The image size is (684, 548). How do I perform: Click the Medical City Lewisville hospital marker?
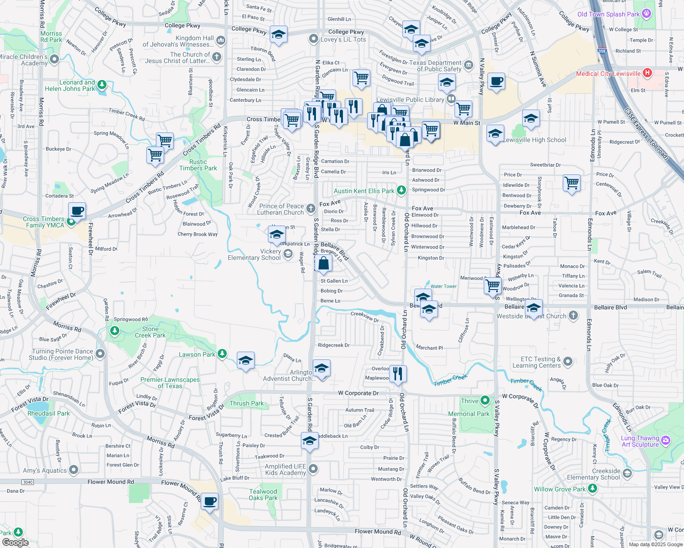pos(647,73)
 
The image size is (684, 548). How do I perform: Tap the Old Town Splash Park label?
pos(608,14)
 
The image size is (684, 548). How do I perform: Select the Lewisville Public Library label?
pos(410,100)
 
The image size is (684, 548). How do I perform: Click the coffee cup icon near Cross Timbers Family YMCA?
pos(77,211)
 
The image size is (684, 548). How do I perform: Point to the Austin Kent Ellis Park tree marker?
pos(401,190)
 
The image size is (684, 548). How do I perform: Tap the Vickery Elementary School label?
pos(254,255)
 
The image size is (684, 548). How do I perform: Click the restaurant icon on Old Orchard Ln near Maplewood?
pos(398,374)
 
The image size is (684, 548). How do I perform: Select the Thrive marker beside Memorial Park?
pos(485,401)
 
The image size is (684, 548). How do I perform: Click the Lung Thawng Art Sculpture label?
pos(640,441)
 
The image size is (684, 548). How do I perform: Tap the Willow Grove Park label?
pos(560,489)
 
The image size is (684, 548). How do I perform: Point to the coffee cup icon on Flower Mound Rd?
pos(209,501)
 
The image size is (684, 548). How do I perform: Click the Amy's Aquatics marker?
pos(73,470)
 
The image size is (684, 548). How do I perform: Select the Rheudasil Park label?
pos(48,413)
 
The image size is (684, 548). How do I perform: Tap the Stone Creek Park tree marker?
pos(115,330)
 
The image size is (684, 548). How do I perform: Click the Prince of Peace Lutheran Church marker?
pos(311,209)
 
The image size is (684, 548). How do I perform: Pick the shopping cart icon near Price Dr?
pos(572,183)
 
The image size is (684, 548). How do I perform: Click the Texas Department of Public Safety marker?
pos(469,65)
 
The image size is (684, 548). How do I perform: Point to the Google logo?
pos(15,542)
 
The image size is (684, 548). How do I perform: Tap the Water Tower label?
pos(444,286)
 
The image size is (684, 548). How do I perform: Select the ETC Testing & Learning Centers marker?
pos(567,362)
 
